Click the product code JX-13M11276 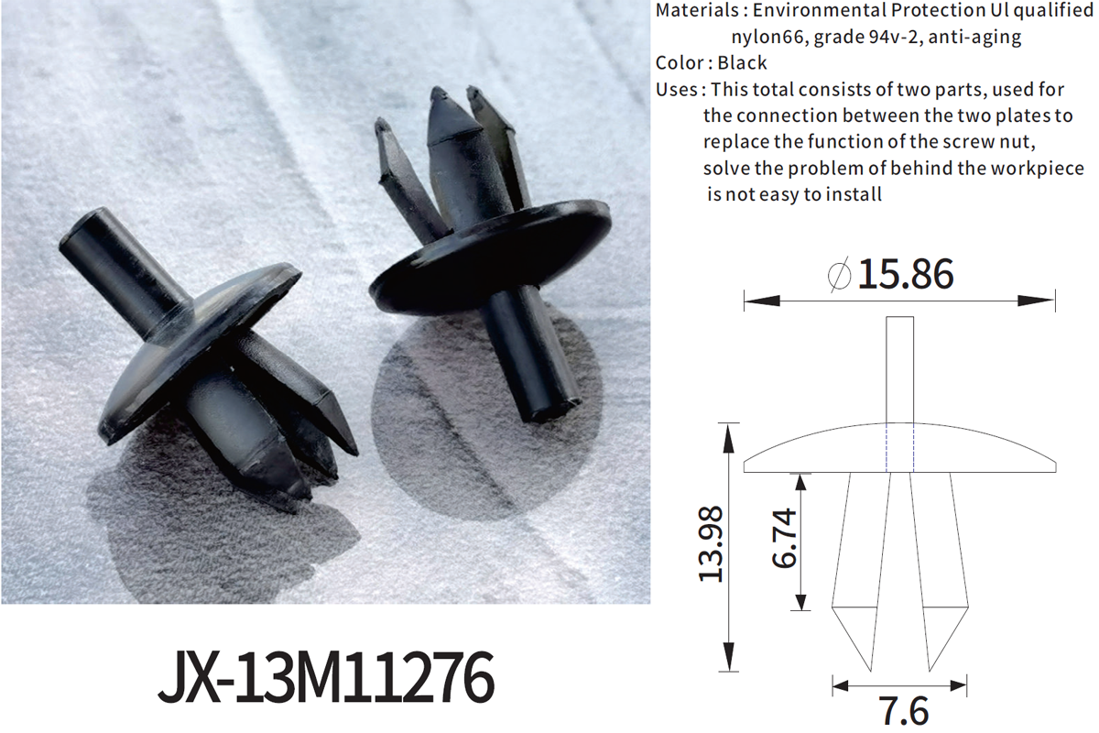325,679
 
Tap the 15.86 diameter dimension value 905,275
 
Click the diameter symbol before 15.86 839,275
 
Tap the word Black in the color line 743,63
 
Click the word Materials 693,11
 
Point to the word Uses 678,90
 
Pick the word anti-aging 982,38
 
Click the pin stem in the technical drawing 899,366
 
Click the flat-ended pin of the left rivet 124,266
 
